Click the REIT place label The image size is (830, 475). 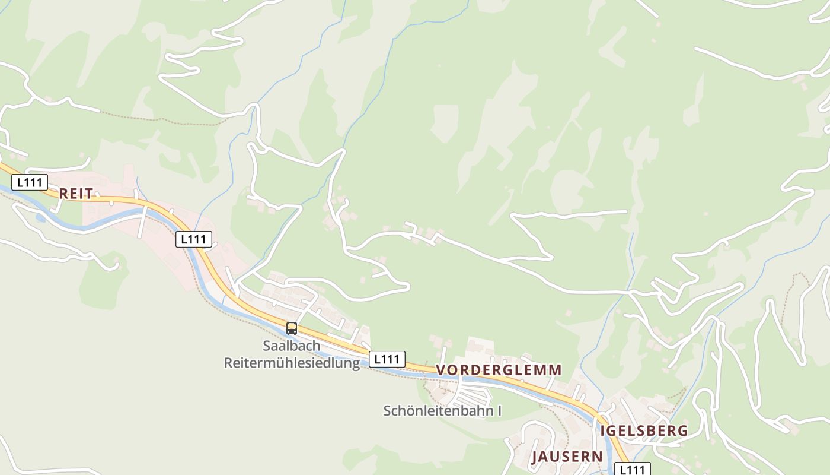click(76, 194)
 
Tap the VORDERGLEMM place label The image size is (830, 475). click(499, 370)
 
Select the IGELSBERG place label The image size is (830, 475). click(644, 431)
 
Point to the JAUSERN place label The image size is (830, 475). click(567, 457)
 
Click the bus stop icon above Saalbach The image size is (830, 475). click(291, 328)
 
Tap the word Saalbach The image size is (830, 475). click(292, 346)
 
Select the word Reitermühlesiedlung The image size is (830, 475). click(292, 363)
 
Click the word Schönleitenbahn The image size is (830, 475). click(437, 411)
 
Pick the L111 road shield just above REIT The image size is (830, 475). click(30, 182)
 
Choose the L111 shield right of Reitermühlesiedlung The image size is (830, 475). click(387, 359)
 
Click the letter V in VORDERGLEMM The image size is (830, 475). click(440, 370)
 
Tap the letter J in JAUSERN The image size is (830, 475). click(535, 457)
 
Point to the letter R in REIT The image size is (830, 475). click(63, 194)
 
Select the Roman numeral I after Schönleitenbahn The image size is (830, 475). click(499, 411)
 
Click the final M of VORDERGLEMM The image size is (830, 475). click(555, 370)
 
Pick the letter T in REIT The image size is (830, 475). click(90, 194)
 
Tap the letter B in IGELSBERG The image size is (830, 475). click(653, 431)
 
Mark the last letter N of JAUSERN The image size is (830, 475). click(598, 457)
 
